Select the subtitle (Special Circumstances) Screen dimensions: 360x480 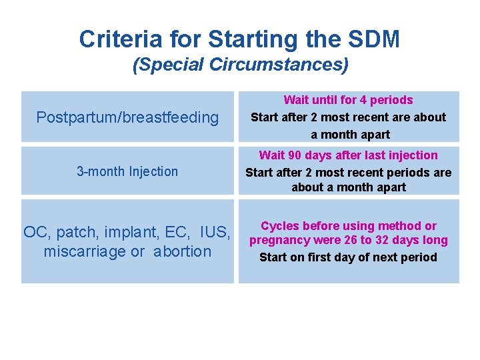coord(240,65)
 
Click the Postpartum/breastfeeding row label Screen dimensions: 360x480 coord(127,118)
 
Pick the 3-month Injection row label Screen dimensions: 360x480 coord(127,171)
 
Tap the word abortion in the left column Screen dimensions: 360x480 coord(182,251)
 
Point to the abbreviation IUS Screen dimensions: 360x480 coord(216,233)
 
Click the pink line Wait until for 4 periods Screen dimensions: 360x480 coord(348,100)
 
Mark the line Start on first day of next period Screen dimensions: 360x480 coord(348,257)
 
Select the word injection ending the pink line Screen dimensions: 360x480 coord(413,155)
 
